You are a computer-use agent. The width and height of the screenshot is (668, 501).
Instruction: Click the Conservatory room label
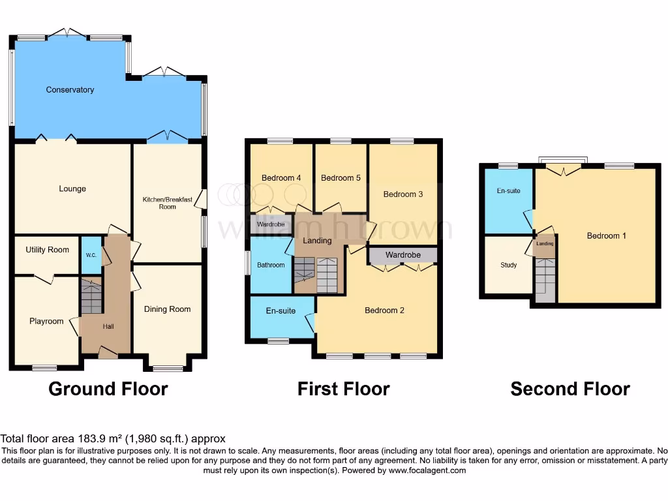click(70, 90)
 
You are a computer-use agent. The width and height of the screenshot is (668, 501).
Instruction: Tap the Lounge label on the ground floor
click(72, 189)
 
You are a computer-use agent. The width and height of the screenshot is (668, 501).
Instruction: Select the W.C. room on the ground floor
click(91, 255)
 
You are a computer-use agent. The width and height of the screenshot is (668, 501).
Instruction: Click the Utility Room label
click(48, 250)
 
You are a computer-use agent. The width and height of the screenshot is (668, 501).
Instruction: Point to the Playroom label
click(46, 321)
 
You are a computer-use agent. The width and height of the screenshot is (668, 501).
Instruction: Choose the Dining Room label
click(167, 309)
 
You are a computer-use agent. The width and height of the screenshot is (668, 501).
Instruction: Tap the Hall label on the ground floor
click(108, 326)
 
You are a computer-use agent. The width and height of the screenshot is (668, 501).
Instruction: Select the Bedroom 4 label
click(281, 178)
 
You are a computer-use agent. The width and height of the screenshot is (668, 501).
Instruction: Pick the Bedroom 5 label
click(341, 178)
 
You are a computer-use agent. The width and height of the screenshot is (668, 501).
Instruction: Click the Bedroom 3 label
click(403, 194)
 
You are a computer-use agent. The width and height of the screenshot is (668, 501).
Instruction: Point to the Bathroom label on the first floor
click(271, 265)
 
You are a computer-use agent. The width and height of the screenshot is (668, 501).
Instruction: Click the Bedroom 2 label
click(384, 311)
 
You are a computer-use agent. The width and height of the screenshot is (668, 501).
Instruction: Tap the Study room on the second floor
click(508, 265)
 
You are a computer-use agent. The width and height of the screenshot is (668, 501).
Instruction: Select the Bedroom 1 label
click(606, 235)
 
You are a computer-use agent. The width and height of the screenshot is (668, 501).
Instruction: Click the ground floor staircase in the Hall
click(91, 296)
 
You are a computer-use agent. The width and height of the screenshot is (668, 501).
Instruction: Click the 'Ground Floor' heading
click(108, 389)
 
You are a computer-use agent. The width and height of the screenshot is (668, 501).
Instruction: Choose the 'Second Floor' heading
click(569, 389)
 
